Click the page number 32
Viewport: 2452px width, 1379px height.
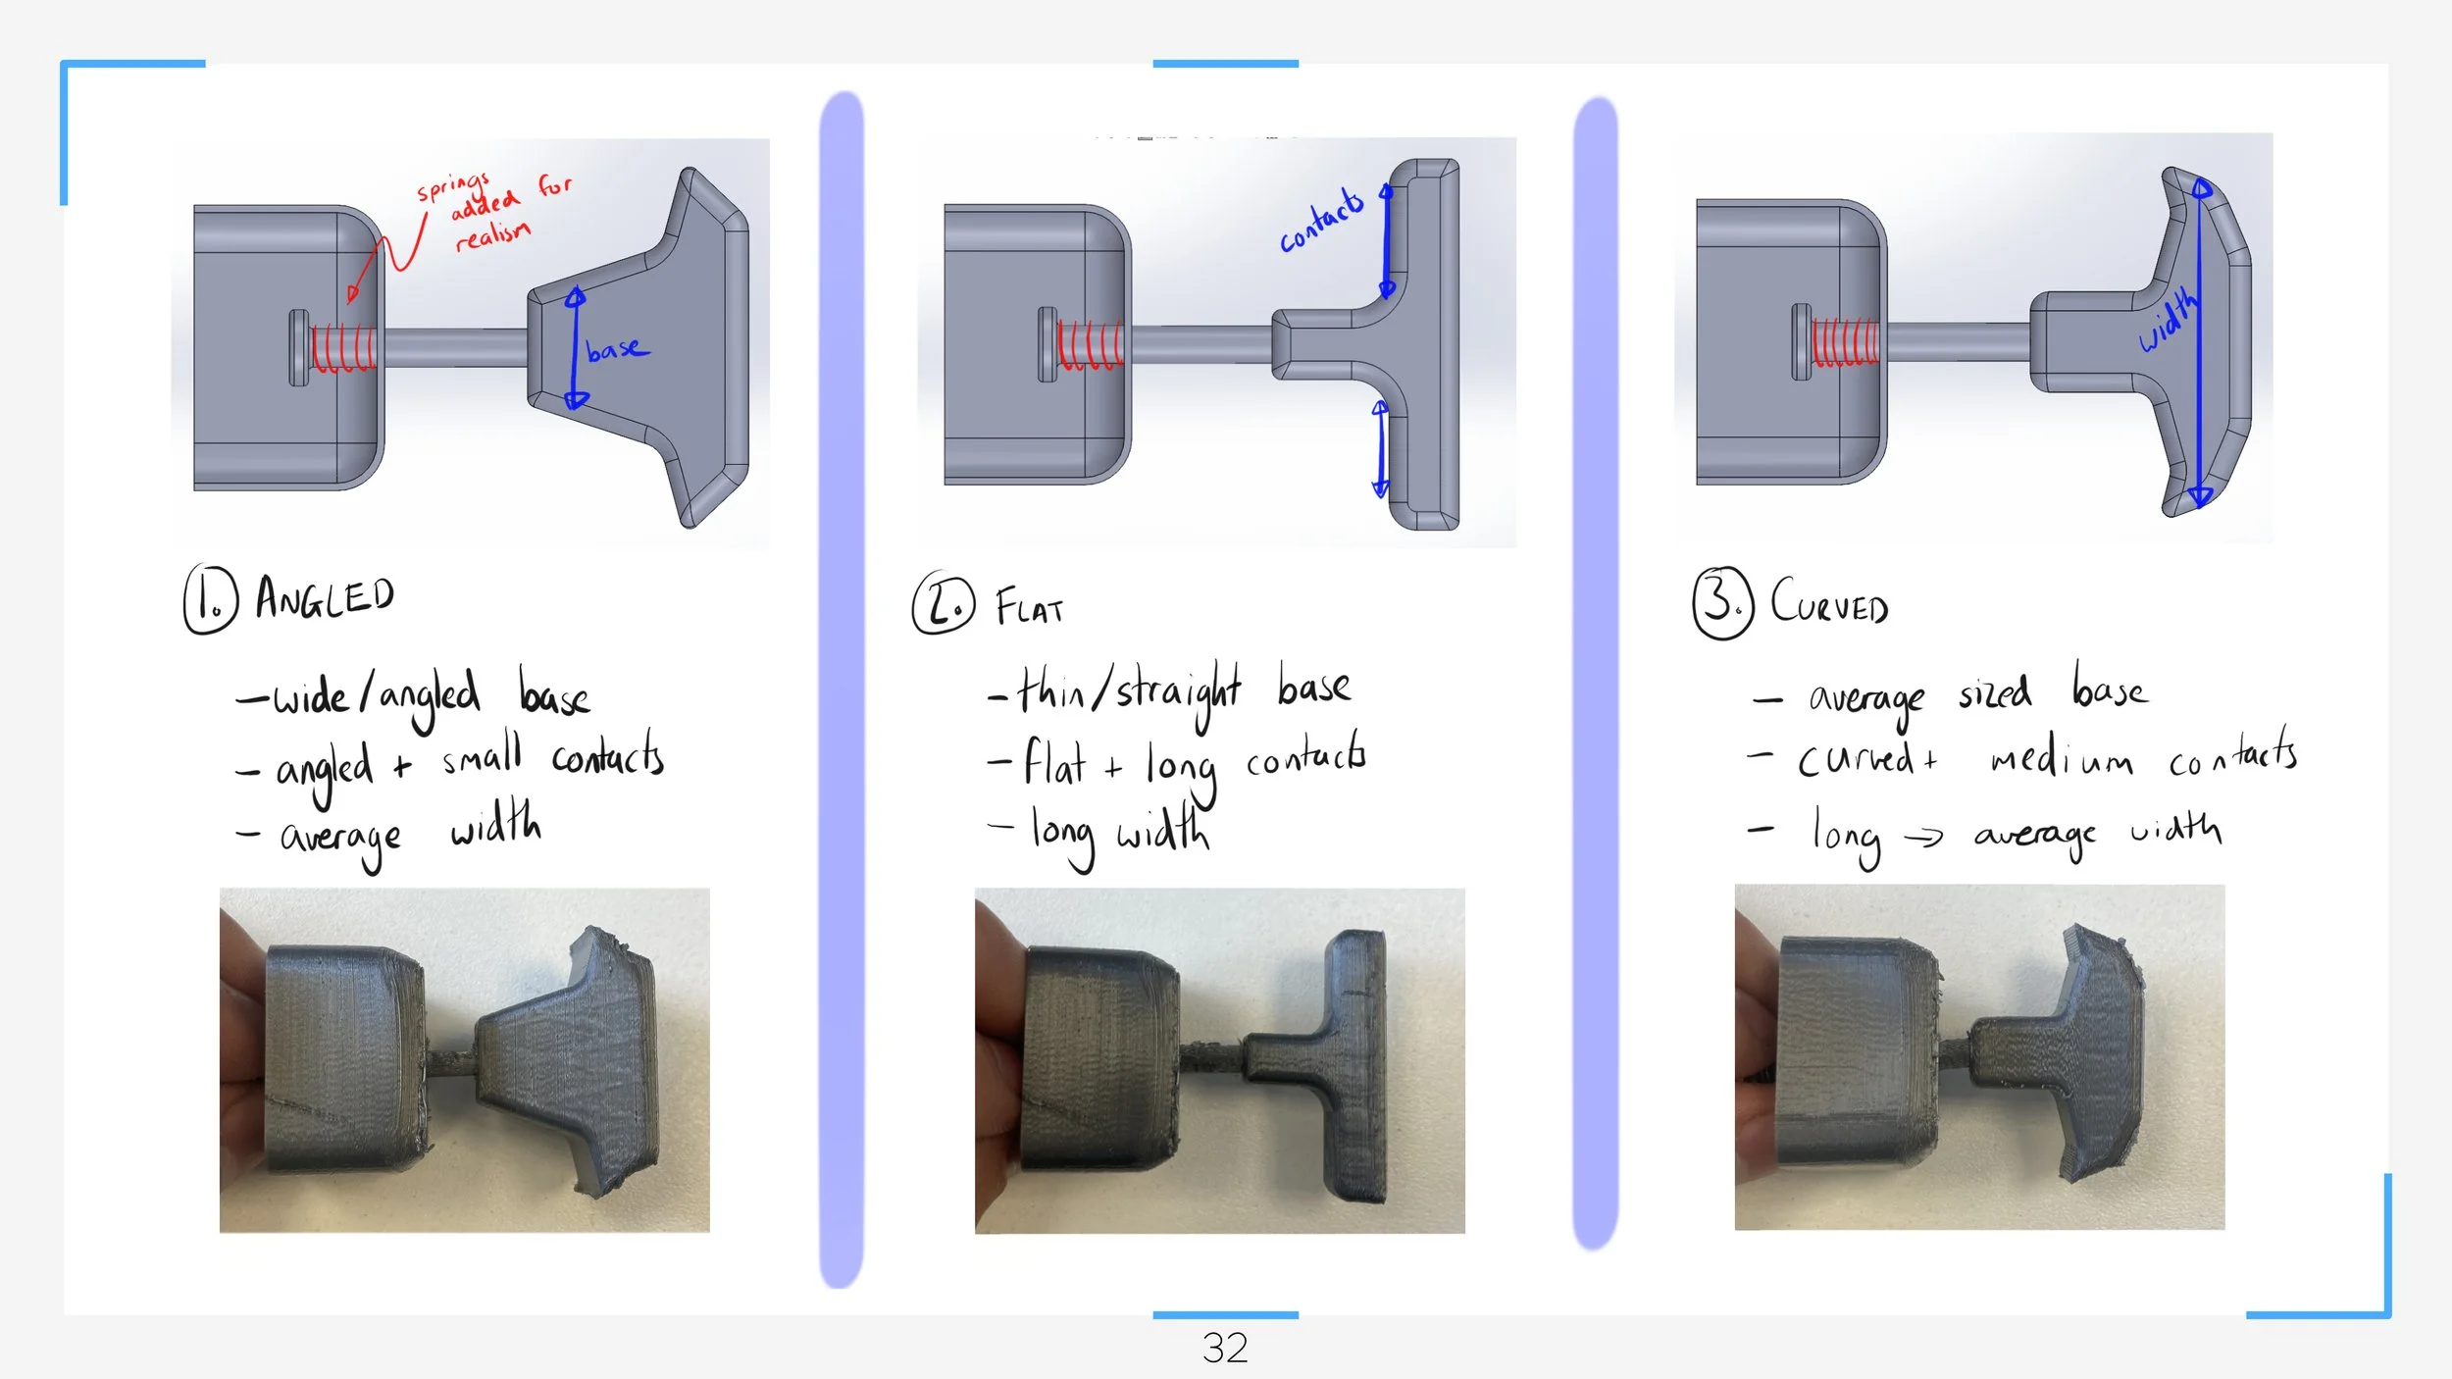(x=1225, y=1349)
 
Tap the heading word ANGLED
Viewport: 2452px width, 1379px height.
(x=325, y=597)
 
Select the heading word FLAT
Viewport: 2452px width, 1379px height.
(x=1029, y=607)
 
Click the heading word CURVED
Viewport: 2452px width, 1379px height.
(x=1829, y=601)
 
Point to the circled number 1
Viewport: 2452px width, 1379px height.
(x=210, y=599)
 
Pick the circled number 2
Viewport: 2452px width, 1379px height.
(x=944, y=602)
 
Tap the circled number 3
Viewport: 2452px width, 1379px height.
(x=1722, y=602)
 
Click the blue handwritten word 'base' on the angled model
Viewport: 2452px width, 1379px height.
(x=617, y=349)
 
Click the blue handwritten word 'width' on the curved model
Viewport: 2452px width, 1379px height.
(x=2169, y=320)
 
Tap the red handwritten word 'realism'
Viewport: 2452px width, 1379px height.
(x=492, y=235)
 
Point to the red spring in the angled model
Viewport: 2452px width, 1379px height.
(x=343, y=348)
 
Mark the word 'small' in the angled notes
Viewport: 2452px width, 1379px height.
(x=481, y=755)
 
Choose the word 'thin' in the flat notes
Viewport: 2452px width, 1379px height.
(x=1050, y=690)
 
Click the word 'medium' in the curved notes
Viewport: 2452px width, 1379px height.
(x=2061, y=758)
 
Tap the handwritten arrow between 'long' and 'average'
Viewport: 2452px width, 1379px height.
(x=1923, y=837)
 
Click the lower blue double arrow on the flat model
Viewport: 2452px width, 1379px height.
(x=1380, y=448)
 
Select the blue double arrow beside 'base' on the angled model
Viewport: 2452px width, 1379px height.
(x=576, y=348)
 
